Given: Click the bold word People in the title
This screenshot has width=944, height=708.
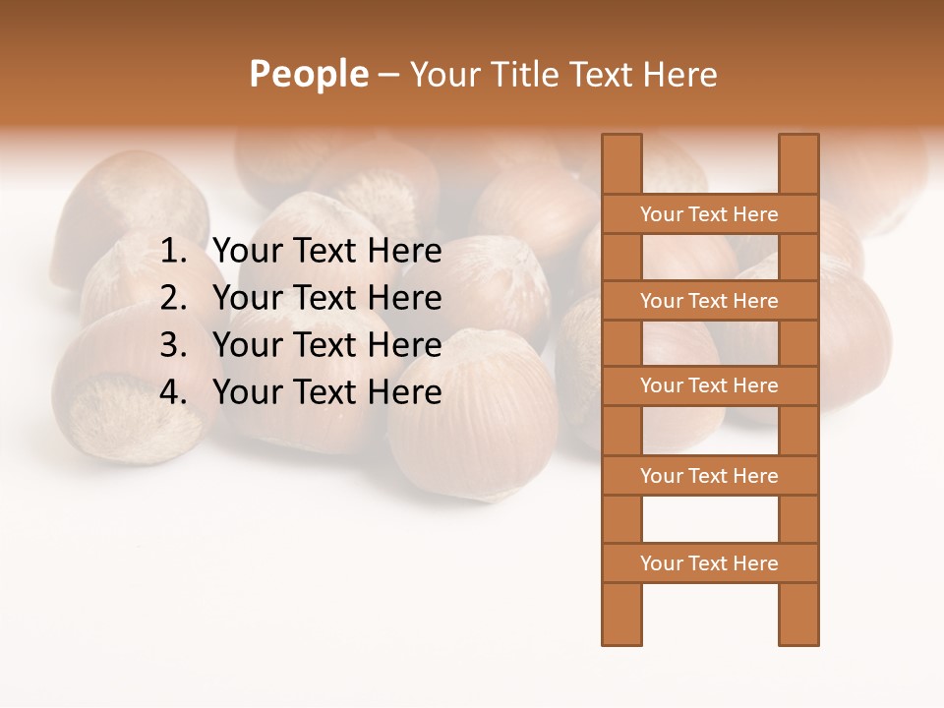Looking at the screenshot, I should pyautogui.click(x=308, y=75).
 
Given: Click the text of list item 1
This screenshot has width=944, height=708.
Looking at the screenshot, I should pyautogui.click(x=327, y=252).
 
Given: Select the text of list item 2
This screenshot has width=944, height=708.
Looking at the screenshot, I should pyautogui.click(x=327, y=298).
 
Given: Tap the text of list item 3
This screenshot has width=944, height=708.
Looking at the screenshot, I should pyautogui.click(x=327, y=345).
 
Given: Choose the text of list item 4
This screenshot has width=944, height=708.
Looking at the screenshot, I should pyautogui.click(x=327, y=392).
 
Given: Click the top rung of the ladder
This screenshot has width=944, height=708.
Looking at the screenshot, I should pyautogui.click(x=709, y=214).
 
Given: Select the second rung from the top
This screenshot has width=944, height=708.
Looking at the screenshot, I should pyautogui.click(x=709, y=301).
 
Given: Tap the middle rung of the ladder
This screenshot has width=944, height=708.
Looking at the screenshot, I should pyautogui.click(x=709, y=385).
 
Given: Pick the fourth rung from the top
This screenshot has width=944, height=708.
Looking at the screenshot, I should pyautogui.click(x=709, y=476).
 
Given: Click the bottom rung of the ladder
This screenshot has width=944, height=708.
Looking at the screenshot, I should pyautogui.click(x=709, y=563).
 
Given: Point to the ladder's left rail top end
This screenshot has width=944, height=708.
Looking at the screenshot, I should pyautogui.click(x=621, y=147).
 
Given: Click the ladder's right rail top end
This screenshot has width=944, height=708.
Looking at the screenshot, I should pyautogui.click(x=798, y=147).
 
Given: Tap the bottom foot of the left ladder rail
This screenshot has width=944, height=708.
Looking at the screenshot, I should pyautogui.click(x=621, y=629).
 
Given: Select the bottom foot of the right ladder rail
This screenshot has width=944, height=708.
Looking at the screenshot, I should pyautogui.click(x=798, y=629).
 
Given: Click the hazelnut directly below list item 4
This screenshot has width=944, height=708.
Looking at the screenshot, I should pyautogui.click(x=472, y=433).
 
